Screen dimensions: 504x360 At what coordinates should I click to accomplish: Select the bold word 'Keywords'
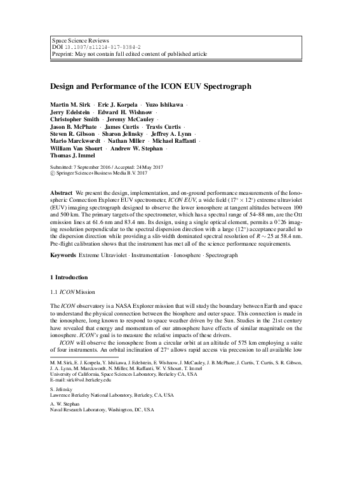pyautogui.click(x=63, y=255)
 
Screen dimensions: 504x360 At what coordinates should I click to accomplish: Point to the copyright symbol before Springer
pyautogui.click(x=52, y=173)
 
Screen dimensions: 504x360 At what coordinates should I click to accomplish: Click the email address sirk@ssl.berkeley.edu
pyautogui.click(x=80, y=380)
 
